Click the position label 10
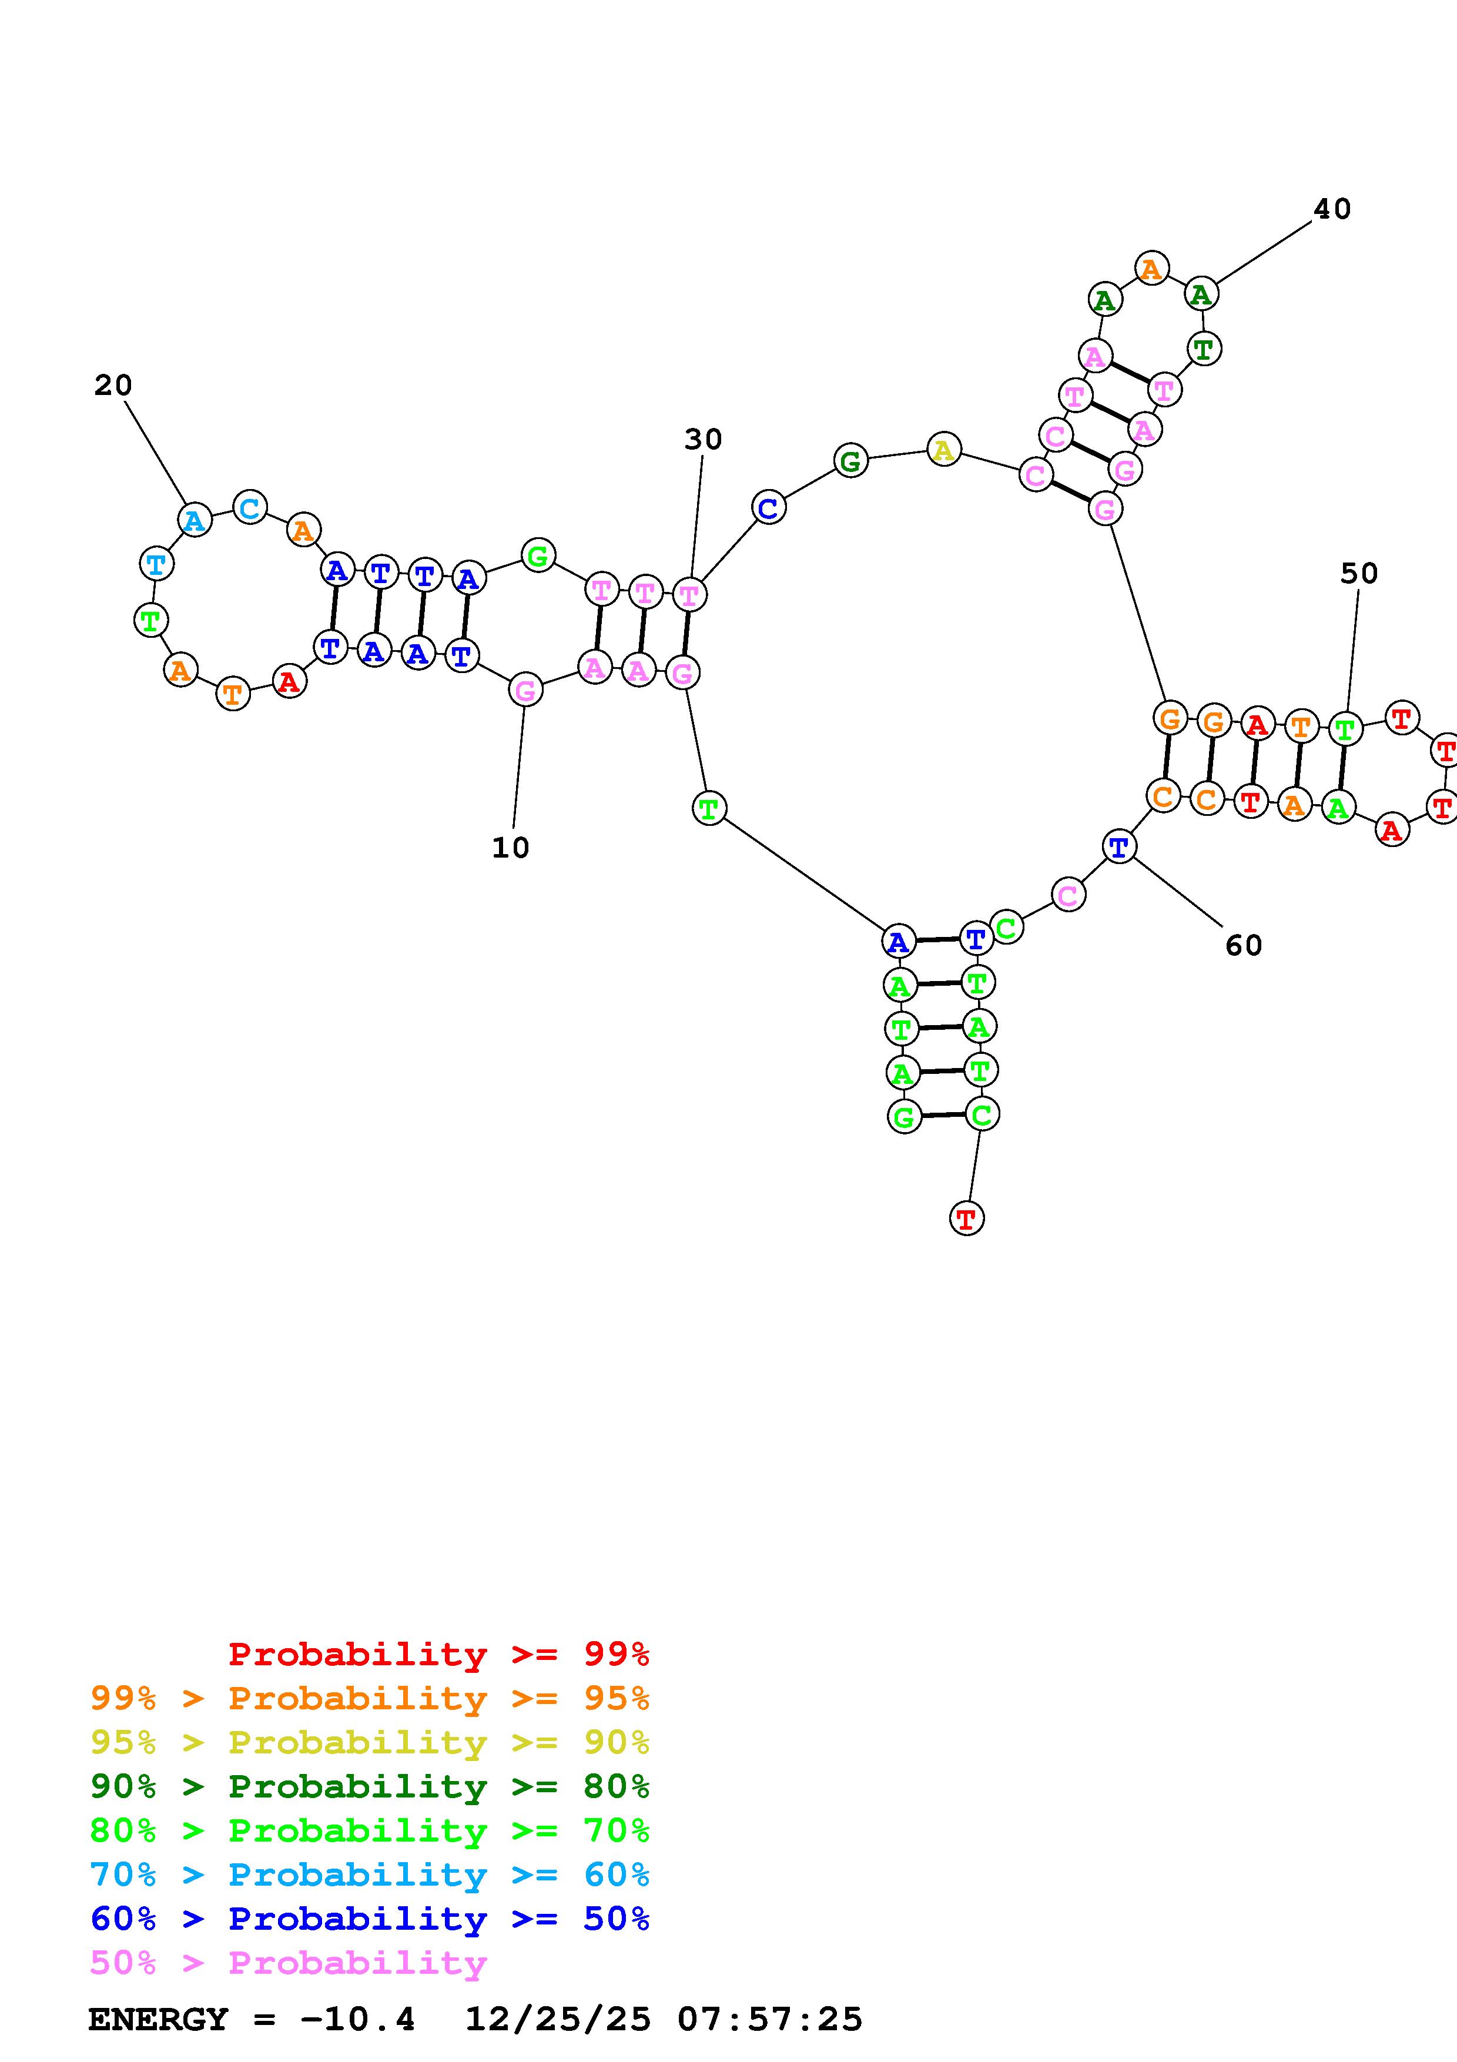(x=510, y=847)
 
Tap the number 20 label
(x=113, y=385)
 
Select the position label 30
(x=703, y=439)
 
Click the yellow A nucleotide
(x=943, y=449)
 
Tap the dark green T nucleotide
(x=1204, y=349)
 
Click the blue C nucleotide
(x=768, y=507)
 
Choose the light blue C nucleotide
(x=250, y=507)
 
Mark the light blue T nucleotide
(x=156, y=564)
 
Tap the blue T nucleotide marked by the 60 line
(x=1118, y=846)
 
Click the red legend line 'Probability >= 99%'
(x=439, y=1653)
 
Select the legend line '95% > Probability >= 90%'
(x=370, y=1742)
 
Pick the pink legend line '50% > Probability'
(x=289, y=1962)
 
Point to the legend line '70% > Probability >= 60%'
(x=370, y=1874)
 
